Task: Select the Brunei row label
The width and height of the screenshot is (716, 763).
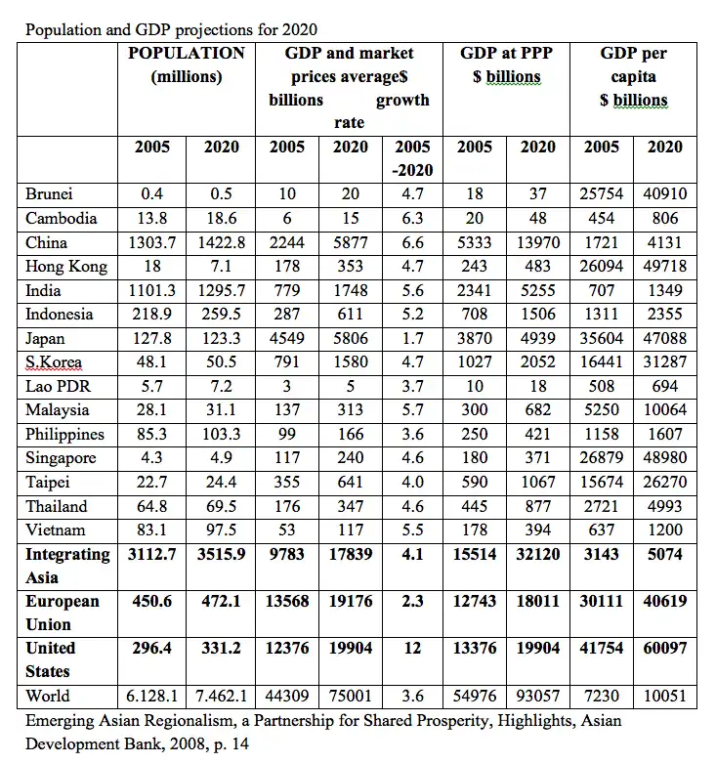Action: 49,194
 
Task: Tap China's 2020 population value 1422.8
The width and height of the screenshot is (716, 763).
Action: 221,242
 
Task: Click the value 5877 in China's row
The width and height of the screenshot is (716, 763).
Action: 350,242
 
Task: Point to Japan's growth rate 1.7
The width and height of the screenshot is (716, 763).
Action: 412,339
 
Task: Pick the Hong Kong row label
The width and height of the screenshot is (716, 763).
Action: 66,267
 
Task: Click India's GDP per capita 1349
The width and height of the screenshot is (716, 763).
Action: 665,290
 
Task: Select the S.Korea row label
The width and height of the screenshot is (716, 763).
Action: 55,362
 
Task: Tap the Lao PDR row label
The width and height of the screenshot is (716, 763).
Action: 58,387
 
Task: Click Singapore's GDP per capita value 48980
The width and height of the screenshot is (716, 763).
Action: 665,458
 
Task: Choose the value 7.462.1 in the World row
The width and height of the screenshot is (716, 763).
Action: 221,697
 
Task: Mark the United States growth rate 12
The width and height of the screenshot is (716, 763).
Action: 412,649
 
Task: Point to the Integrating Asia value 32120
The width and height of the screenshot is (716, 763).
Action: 537,554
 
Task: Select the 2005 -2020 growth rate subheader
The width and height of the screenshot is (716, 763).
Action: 412,158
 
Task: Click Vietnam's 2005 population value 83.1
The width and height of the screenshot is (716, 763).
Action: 152,530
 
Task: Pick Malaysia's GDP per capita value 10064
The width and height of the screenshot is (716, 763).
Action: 665,410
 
